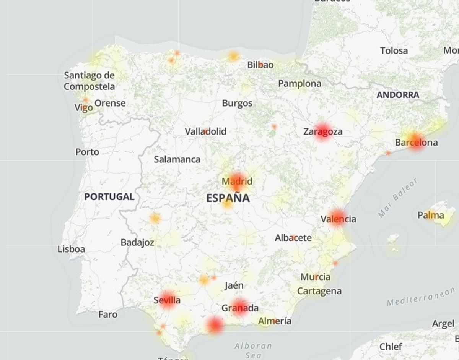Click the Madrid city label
237,181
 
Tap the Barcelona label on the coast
416,143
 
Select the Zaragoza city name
322,131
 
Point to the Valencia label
338,219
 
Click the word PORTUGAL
109,197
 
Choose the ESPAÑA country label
228,198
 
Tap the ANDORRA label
398,95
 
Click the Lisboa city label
71,249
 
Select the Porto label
87,152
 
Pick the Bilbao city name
260,65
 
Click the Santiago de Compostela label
89,81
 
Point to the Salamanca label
177,159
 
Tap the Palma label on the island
431,215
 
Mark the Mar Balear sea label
398,198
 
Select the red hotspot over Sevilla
167,300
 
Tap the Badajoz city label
137,242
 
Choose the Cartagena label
319,291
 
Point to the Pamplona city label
299,83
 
